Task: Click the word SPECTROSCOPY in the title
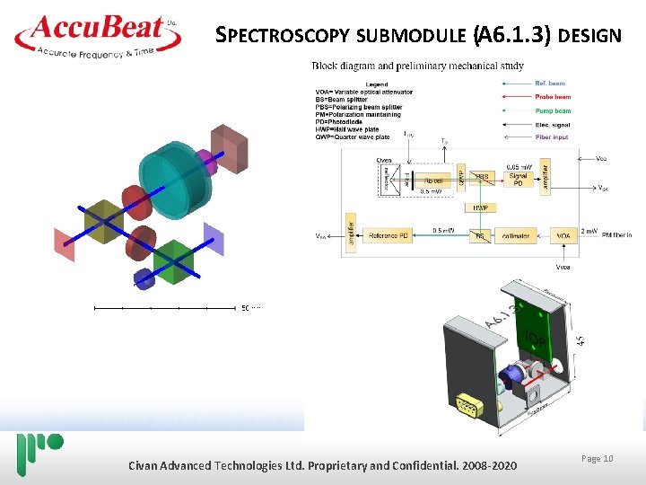pos(284,36)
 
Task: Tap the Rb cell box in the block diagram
pos(432,179)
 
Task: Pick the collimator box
pos(515,235)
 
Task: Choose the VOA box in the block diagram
pos(563,235)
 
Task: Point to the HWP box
pos(480,207)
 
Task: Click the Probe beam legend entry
pos(553,97)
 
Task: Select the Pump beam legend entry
pos(553,110)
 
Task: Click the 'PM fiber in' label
pos(616,235)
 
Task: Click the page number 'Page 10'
pos(597,459)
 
